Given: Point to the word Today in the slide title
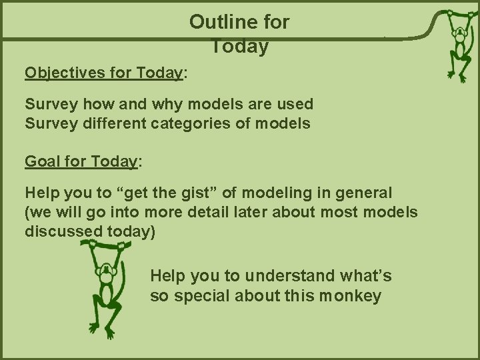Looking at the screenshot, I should [239, 47].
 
